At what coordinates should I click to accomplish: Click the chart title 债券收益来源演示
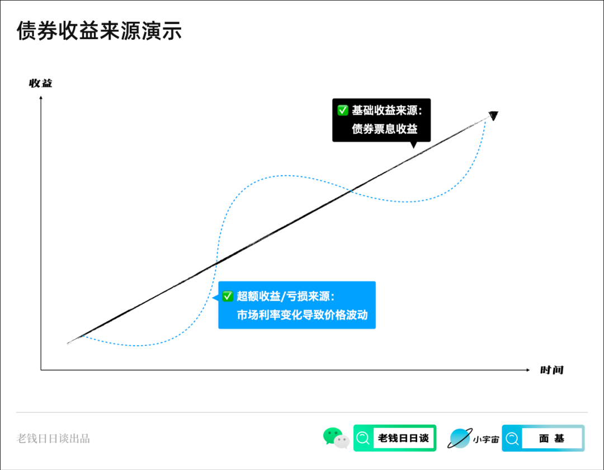point(99,31)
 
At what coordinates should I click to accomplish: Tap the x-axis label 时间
point(551,370)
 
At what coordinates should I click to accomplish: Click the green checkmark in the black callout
point(343,110)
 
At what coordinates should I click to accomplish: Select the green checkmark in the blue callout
point(228,296)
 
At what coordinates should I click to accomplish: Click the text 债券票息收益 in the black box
point(384,129)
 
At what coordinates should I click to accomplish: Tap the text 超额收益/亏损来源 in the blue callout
point(285,296)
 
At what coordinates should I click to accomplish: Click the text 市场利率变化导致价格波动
point(302,314)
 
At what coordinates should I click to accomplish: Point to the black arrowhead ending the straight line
point(493,115)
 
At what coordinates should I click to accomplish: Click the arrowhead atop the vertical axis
point(41,98)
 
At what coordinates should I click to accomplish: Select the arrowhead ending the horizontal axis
point(527,370)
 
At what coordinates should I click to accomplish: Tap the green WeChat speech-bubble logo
point(336,438)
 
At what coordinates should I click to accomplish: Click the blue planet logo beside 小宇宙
point(460,438)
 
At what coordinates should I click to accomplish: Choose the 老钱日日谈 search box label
point(403,438)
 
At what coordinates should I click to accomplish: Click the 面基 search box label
point(551,438)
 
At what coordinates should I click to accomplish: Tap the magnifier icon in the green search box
point(364,438)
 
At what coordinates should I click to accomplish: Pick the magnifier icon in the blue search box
point(512,438)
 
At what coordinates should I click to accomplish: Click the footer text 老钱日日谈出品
point(54,438)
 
